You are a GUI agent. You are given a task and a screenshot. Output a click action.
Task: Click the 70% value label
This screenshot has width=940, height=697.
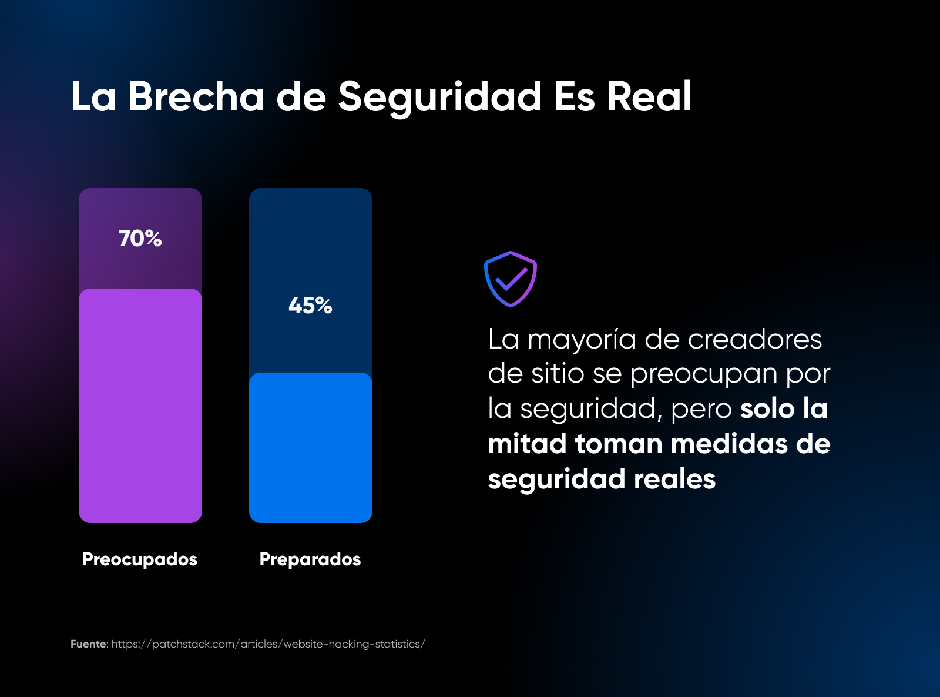(x=140, y=239)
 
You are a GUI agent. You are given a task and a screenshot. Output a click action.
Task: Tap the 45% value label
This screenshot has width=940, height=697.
(x=310, y=306)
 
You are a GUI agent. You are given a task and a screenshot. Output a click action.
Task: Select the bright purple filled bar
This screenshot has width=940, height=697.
(x=140, y=406)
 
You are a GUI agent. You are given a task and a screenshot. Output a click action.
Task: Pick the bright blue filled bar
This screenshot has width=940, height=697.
(x=310, y=447)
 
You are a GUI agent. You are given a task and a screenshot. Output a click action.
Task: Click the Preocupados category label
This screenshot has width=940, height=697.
(x=140, y=559)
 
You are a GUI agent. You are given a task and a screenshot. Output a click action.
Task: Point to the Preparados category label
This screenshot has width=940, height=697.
(x=310, y=559)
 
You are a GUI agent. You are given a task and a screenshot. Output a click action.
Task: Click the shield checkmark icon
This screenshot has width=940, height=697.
(x=510, y=279)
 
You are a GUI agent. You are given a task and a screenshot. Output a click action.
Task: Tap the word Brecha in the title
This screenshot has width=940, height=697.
(x=196, y=96)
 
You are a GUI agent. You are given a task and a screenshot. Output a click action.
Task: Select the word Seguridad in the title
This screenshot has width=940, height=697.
(x=439, y=98)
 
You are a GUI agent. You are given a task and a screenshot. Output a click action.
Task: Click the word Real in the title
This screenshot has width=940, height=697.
(x=649, y=96)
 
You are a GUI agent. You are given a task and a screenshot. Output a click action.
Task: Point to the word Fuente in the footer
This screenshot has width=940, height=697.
(x=88, y=644)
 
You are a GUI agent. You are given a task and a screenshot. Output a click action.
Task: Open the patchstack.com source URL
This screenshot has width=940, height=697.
(x=268, y=644)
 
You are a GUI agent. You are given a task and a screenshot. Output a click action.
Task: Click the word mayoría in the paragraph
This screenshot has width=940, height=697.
(x=582, y=340)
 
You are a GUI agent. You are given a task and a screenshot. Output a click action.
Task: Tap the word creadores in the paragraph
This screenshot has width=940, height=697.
(x=754, y=339)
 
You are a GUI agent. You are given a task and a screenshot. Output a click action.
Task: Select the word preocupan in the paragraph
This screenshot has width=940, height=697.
(x=704, y=375)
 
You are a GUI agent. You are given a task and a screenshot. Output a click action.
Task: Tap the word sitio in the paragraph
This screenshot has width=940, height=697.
(x=558, y=374)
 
